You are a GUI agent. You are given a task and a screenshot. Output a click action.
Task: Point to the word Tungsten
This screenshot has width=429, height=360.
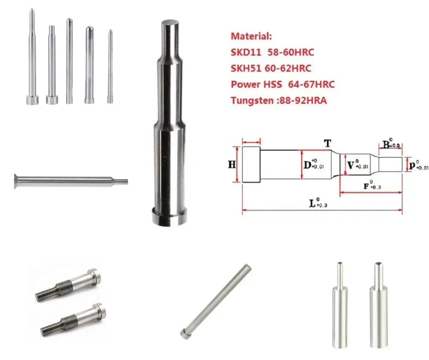click(250, 101)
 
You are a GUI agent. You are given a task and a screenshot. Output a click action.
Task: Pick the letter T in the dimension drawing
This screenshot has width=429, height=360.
click(327, 143)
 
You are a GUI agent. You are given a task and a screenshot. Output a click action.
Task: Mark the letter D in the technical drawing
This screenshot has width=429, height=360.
click(308, 164)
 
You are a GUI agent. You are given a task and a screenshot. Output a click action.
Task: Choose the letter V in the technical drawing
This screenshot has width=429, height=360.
click(351, 165)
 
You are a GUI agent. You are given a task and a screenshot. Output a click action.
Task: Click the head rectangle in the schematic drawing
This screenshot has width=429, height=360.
click(251, 164)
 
